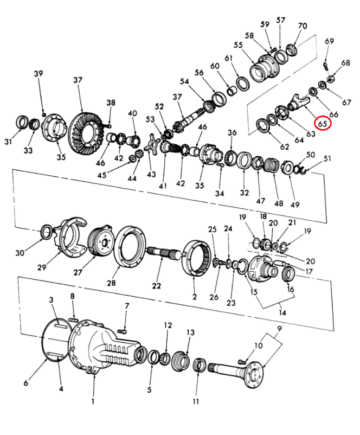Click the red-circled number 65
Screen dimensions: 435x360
(x=323, y=124)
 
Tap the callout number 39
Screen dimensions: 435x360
(x=38, y=74)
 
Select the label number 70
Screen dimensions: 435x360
(x=302, y=25)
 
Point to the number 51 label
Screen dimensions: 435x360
(x=327, y=158)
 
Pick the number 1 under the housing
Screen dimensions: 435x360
(x=93, y=401)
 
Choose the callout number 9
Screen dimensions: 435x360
(x=279, y=328)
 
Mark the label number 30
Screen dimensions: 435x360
(x=20, y=253)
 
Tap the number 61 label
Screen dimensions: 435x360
(x=229, y=58)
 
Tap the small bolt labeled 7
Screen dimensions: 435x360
(x=122, y=329)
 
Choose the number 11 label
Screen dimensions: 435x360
(x=196, y=401)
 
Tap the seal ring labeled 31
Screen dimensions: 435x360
(x=23, y=123)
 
